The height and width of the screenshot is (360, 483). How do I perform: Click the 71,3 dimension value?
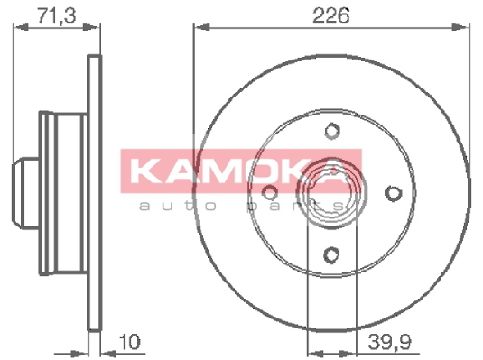[x=56, y=15]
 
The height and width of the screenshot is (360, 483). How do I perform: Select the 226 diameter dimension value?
[x=331, y=15]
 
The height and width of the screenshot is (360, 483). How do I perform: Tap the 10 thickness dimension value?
[x=129, y=342]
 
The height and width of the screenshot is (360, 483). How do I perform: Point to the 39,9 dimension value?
[x=390, y=342]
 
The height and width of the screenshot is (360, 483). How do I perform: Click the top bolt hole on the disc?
[x=332, y=131]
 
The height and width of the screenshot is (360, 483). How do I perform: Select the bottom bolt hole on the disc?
[x=331, y=254]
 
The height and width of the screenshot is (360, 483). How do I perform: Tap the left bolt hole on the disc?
[x=270, y=193]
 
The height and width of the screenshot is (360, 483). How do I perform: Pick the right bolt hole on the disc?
[x=394, y=193]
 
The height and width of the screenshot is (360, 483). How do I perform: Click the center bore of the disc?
[x=331, y=193]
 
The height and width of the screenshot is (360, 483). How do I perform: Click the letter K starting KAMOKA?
[x=144, y=171]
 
